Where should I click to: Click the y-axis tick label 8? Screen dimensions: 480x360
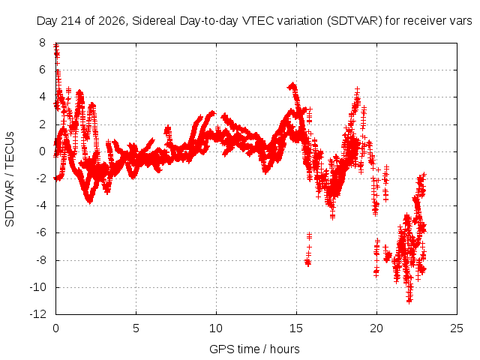42,43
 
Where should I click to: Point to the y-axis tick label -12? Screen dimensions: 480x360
38,314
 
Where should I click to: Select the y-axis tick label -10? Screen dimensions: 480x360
38,287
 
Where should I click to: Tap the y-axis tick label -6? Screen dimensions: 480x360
40,232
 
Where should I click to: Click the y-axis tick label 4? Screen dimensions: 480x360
42,97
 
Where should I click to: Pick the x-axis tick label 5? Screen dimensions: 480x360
136,328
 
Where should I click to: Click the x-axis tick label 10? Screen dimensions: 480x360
216,328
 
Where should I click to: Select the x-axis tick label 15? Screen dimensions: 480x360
296,328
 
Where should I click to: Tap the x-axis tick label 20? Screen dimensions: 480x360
376,328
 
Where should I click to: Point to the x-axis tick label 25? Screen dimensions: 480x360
457,328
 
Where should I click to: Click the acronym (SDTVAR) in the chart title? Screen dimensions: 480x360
354,21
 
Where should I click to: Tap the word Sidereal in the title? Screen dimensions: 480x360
154,21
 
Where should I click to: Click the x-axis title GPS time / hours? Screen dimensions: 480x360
254,349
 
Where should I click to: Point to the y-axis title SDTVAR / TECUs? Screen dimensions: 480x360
10,179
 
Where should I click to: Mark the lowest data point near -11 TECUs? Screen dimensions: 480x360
409,301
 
